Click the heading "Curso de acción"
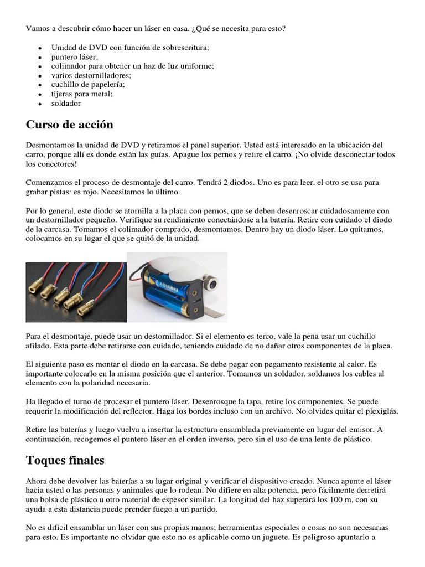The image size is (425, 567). (x=69, y=125)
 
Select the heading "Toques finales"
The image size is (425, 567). (x=65, y=460)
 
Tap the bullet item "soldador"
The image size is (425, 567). (x=66, y=103)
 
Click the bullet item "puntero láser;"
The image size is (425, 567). (x=75, y=56)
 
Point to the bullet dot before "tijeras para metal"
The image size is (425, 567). (x=40, y=95)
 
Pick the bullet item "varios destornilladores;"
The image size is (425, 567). (x=91, y=75)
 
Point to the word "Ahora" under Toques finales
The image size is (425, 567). (x=37, y=481)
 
